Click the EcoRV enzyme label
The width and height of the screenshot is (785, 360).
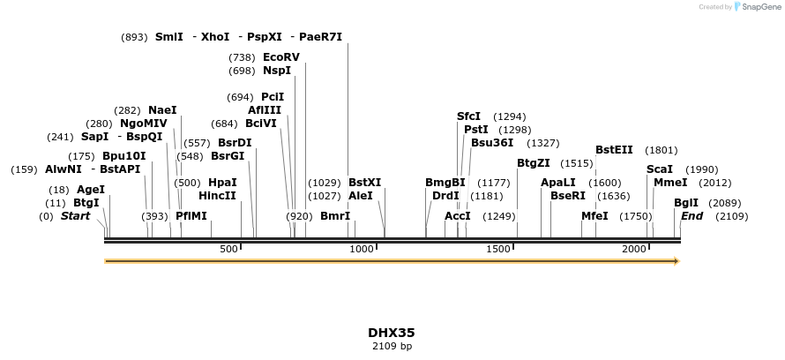pos(280,57)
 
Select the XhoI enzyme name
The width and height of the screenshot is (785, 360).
pos(215,36)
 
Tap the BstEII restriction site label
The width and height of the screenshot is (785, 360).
pos(614,150)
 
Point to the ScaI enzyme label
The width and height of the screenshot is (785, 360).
pos(660,169)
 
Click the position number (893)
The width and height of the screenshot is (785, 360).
pos(134,37)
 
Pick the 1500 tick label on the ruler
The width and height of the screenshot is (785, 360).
pos(498,249)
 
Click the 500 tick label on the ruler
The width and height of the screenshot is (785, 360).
pos(228,249)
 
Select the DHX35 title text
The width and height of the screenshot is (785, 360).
pos(392,333)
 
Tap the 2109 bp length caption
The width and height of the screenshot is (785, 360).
pos(392,346)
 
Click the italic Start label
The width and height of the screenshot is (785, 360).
pos(76,216)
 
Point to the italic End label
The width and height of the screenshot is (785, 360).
pos(692,216)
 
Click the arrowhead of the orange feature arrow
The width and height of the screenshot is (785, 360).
pos(677,261)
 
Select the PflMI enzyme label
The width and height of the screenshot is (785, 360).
pos(191,216)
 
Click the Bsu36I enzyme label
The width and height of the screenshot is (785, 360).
pos(492,143)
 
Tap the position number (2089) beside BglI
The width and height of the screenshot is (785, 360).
pos(724,203)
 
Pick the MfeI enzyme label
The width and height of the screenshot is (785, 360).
pos(594,216)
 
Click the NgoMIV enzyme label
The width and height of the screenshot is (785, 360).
pos(144,124)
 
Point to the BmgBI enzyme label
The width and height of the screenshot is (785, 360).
pos(445,183)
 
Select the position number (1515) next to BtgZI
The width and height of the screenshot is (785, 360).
pos(577,163)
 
